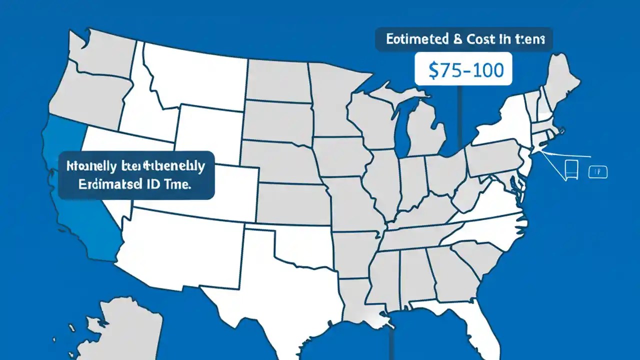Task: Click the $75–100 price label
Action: tap(463, 70)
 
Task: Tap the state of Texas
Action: tap(280, 290)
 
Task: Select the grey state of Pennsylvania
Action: tap(492, 155)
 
